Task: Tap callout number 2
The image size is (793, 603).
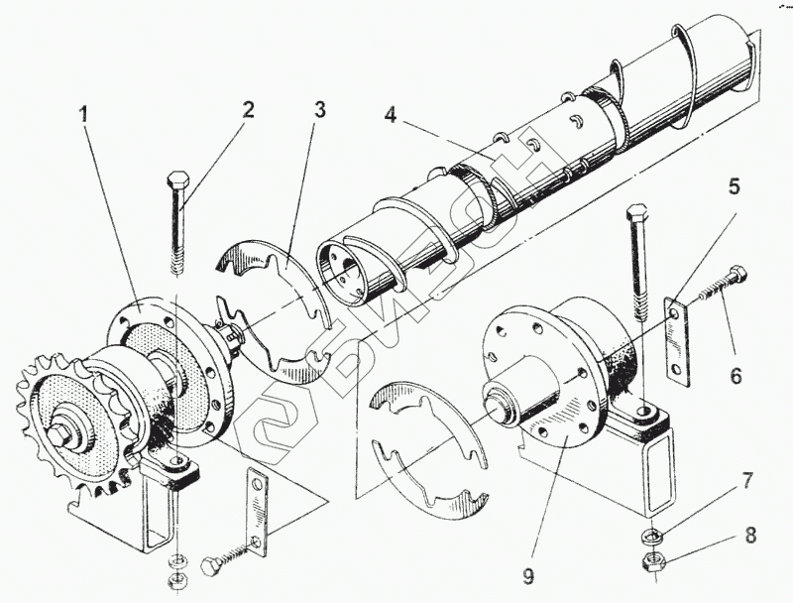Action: click(249, 108)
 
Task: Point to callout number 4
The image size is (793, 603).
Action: click(392, 115)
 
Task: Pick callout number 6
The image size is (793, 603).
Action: click(736, 376)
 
